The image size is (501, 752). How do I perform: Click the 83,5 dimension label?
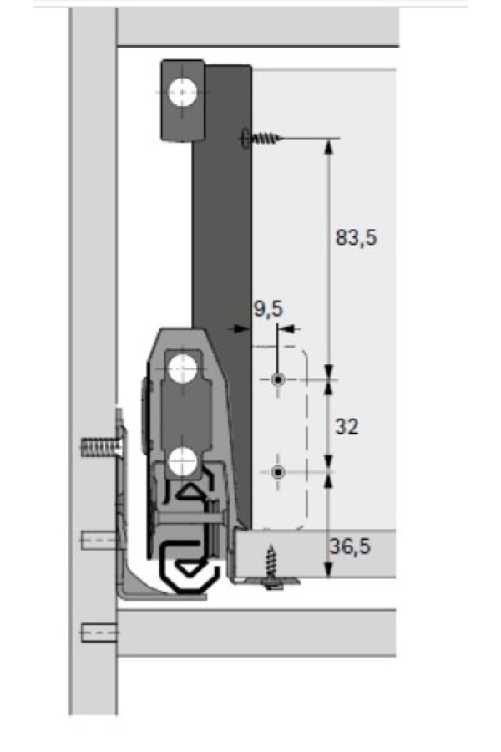click(x=357, y=237)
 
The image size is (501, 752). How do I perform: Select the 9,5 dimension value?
click(x=269, y=309)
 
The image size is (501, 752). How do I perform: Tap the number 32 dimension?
click(x=347, y=426)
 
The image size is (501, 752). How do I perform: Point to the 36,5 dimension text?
click(x=350, y=546)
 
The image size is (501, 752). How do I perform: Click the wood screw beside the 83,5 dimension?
click(x=261, y=139)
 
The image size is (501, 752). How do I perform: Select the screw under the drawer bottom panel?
click(x=272, y=566)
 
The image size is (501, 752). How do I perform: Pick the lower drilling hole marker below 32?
click(x=278, y=472)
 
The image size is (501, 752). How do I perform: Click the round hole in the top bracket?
click(x=183, y=92)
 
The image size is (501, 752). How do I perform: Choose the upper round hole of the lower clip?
click(x=183, y=368)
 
